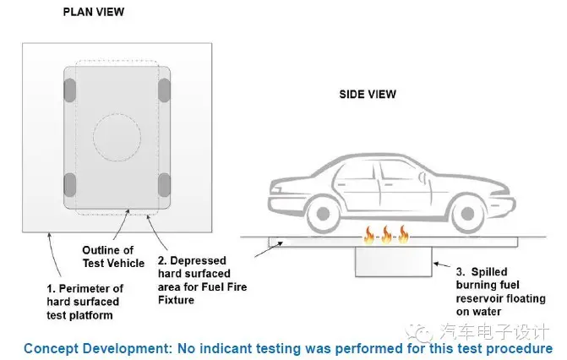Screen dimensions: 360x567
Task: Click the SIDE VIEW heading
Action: tap(368, 94)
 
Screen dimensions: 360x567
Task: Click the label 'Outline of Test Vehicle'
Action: tap(107, 256)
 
